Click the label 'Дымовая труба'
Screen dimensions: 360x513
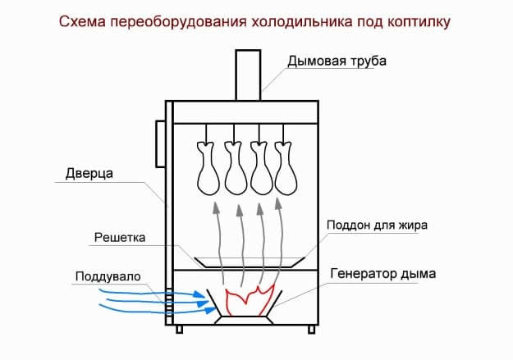click(336, 62)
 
